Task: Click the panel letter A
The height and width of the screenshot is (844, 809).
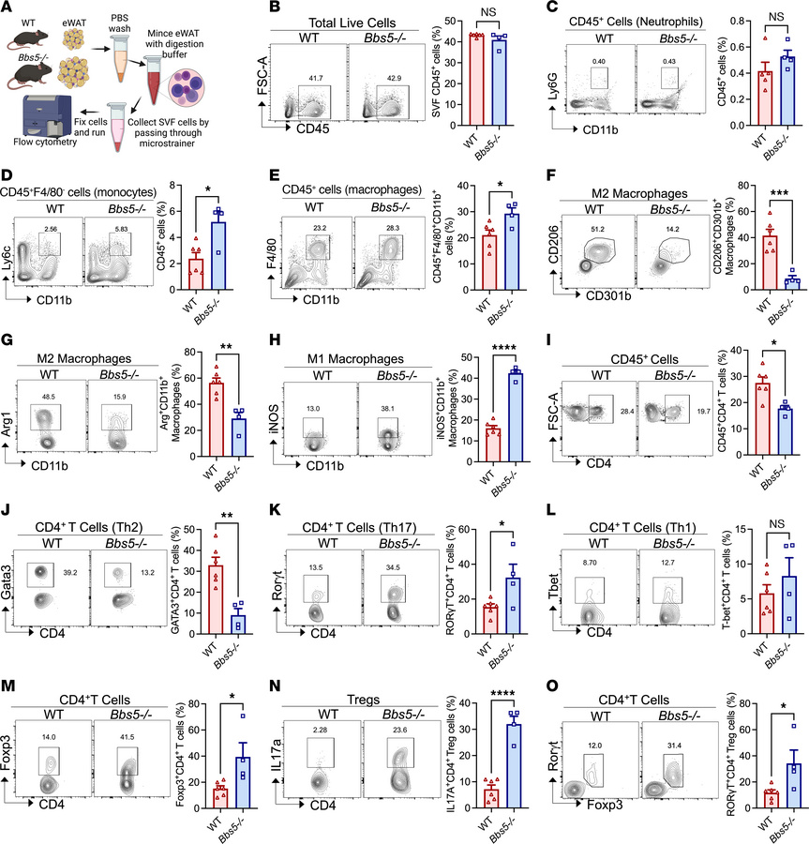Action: coord(8,8)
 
